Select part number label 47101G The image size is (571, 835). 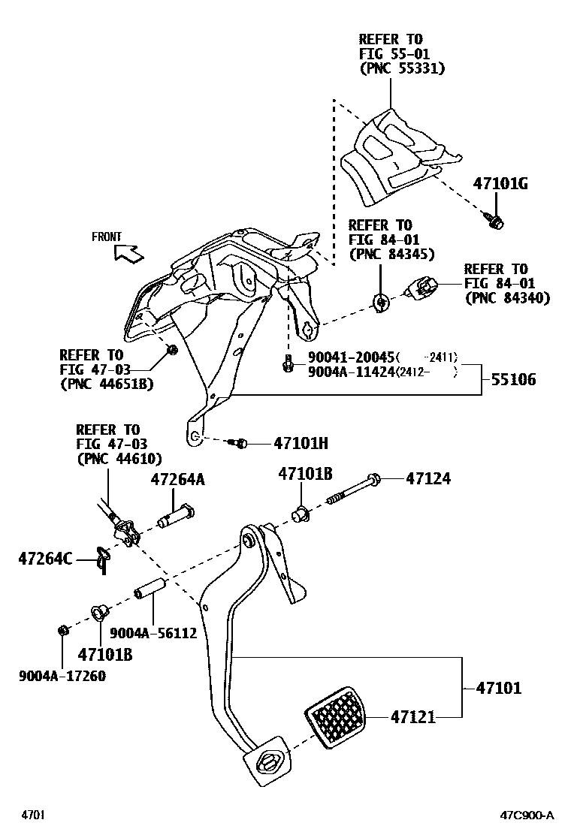[x=500, y=183]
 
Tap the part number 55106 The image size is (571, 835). [x=514, y=380]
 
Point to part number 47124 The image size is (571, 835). [x=428, y=478]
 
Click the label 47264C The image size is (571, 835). [x=45, y=558]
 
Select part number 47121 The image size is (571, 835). [x=412, y=717]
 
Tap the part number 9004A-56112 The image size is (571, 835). [x=153, y=633]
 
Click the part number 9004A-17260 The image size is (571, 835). [x=62, y=676]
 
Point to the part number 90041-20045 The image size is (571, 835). [x=351, y=358]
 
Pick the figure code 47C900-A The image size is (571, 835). [x=527, y=815]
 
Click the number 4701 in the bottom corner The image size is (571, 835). [x=32, y=815]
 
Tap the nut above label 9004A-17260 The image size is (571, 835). [x=64, y=629]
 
